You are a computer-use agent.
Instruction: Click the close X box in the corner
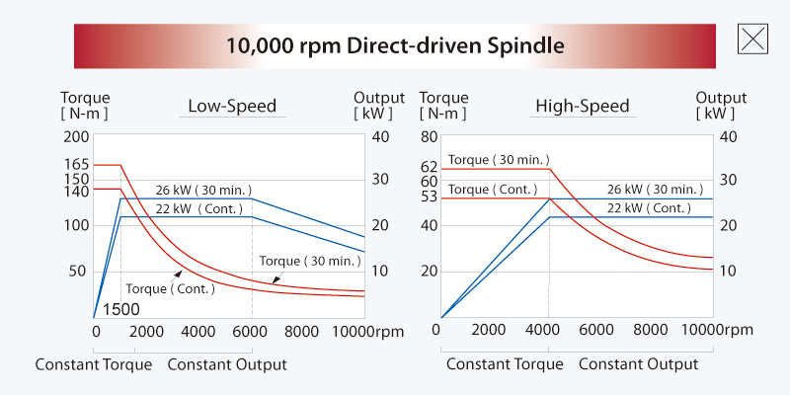click(753, 39)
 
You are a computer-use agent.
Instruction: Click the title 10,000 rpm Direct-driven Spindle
click(395, 45)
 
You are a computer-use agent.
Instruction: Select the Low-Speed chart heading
click(232, 106)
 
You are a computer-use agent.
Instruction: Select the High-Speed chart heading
click(582, 106)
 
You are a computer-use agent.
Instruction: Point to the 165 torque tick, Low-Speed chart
click(76, 165)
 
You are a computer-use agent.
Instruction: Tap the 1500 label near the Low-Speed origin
click(120, 309)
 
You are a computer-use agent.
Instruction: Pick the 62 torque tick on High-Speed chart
click(428, 167)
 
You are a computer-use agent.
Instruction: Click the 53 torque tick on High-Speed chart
click(428, 197)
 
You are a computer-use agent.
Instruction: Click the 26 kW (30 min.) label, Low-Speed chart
click(204, 190)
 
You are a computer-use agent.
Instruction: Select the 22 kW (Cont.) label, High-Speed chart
click(649, 208)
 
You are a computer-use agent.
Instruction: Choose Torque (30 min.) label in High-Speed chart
click(500, 159)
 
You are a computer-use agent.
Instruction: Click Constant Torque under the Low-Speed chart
click(94, 364)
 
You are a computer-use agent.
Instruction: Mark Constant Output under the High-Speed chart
click(638, 364)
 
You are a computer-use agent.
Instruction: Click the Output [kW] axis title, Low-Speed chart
click(379, 106)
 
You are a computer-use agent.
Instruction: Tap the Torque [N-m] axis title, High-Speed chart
click(443, 106)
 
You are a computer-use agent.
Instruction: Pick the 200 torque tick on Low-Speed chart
click(76, 136)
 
